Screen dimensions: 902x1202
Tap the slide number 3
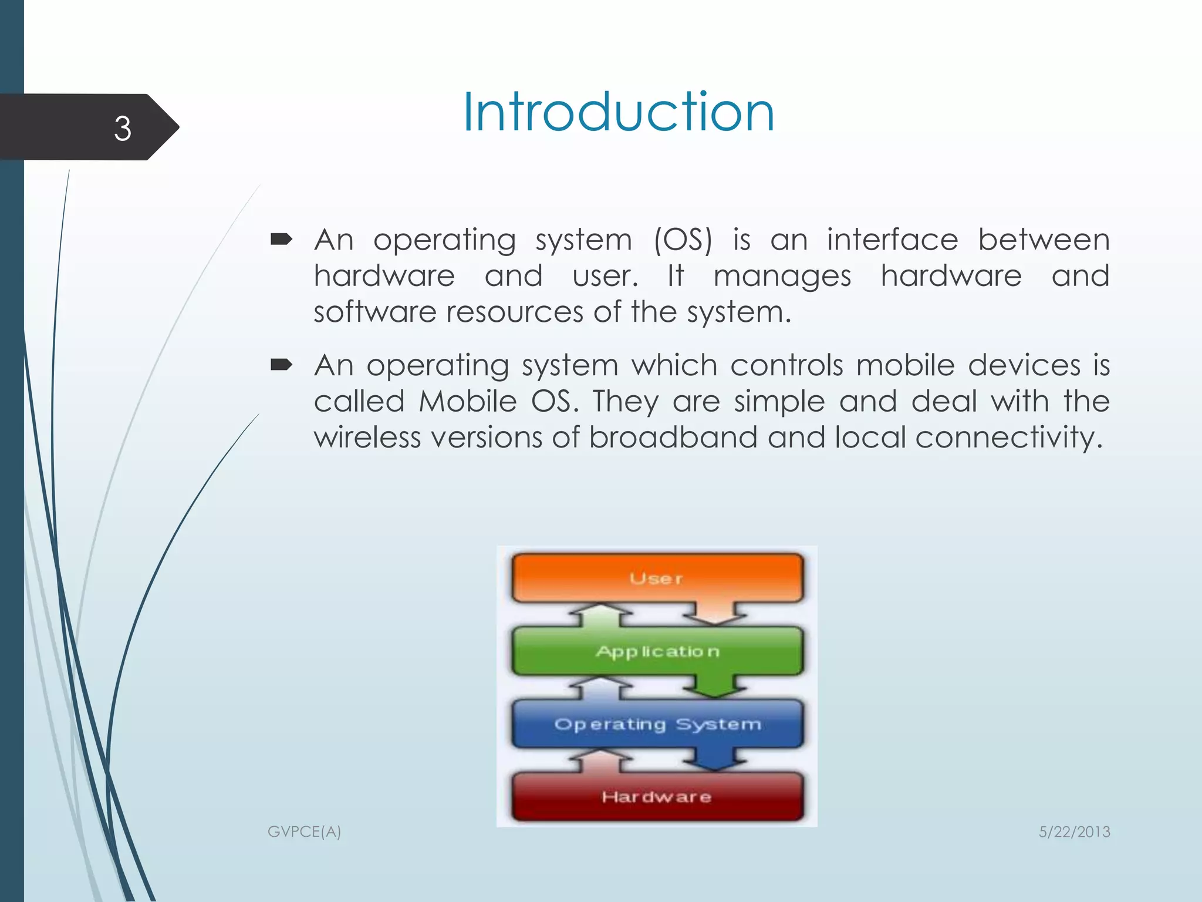point(122,128)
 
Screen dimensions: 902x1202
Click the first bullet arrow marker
point(281,239)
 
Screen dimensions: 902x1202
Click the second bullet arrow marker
point(281,365)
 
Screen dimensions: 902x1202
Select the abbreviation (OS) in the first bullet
point(683,240)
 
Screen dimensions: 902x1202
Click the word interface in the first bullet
point(892,240)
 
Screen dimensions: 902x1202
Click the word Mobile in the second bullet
point(467,402)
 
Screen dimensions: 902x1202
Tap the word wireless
point(367,437)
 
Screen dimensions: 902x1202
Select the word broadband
point(673,437)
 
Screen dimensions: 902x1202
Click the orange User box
point(657,578)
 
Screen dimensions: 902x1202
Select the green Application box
point(657,651)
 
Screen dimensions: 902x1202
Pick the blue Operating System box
point(657,724)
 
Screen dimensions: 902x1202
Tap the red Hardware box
point(657,797)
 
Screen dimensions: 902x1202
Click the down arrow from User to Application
point(714,614)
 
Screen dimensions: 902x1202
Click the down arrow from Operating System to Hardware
point(714,759)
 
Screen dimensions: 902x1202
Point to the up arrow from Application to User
point(600,615)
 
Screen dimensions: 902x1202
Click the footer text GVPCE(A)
point(304,832)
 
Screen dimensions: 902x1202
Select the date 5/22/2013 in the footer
point(1074,832)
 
